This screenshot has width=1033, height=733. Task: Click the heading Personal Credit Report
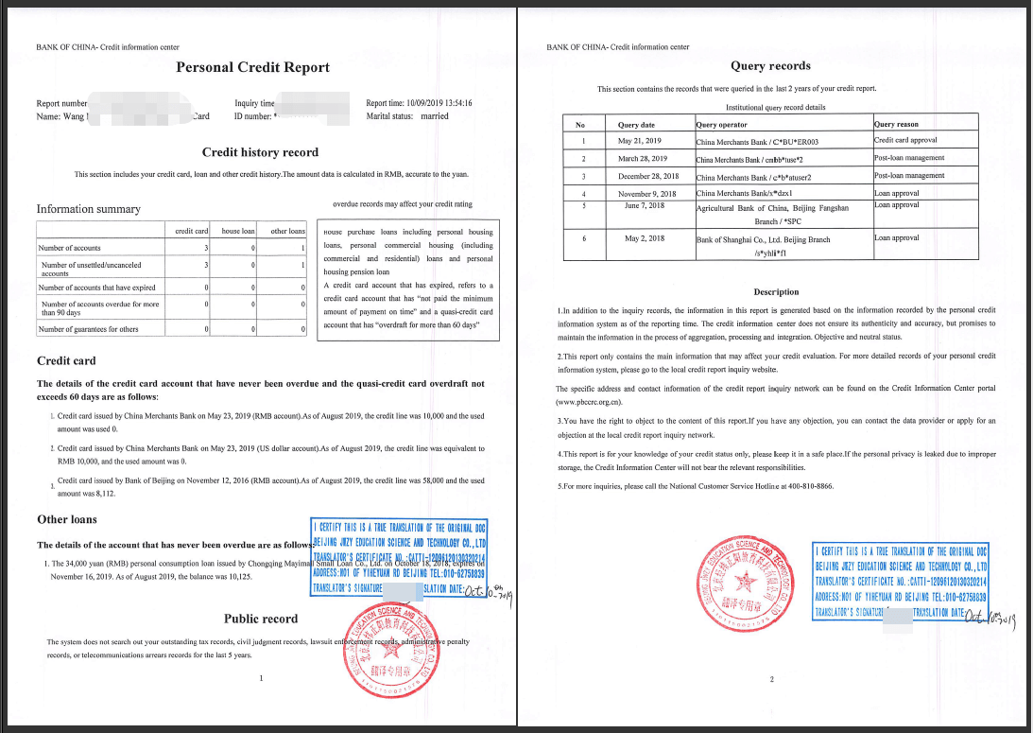(x=252, y=67)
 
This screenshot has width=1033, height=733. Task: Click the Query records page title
(x=770, y=66)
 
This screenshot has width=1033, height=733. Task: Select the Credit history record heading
(x=260, y=152)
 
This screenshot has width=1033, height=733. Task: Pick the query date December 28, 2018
(x=648, y=176)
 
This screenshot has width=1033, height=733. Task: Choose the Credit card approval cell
(x=905, y=140)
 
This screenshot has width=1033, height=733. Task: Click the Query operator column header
(x=722, y=125)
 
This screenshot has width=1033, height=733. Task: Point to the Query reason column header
(x=896, y=125)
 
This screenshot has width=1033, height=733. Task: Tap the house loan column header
(x=238, y=231)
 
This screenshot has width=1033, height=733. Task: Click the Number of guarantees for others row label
(x=89, y=329)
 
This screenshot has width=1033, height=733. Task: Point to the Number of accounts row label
(x=71, y=248)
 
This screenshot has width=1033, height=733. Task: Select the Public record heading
(x=261, y=619)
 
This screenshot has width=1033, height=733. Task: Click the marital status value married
(x=435, y=116)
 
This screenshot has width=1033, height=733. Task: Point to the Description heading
(x=776, y=292)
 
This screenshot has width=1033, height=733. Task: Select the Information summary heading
(x=88, y=209)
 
